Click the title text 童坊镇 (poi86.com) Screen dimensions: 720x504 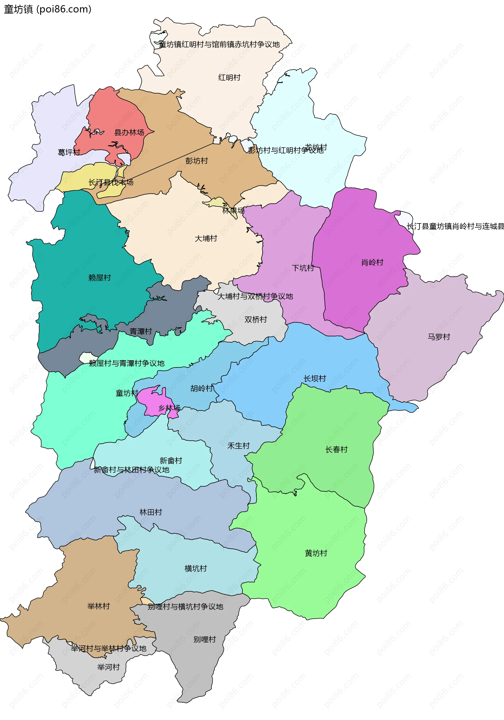[x=48, y=9]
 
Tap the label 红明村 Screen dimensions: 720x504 [x=229, y=77]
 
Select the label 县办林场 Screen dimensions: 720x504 [x=129, y=132]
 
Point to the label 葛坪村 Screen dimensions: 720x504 [x=69, y=152]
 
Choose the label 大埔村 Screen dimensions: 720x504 [x=206, y=238]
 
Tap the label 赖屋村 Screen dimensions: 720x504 [x=99, y=278]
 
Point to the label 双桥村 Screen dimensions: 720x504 [x=255, y=319]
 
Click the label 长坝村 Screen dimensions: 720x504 [x=314, y=378]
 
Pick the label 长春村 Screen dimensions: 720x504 [x=336, y=449]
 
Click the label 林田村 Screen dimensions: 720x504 [x=150, y=512]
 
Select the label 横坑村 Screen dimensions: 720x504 [x=196, y=568]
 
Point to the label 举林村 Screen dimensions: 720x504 [x=98, y=606]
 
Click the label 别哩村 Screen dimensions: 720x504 [x=204, y=639]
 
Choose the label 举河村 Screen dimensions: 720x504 [x=108, y=667]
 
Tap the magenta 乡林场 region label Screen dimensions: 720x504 [x=169, y=408]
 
